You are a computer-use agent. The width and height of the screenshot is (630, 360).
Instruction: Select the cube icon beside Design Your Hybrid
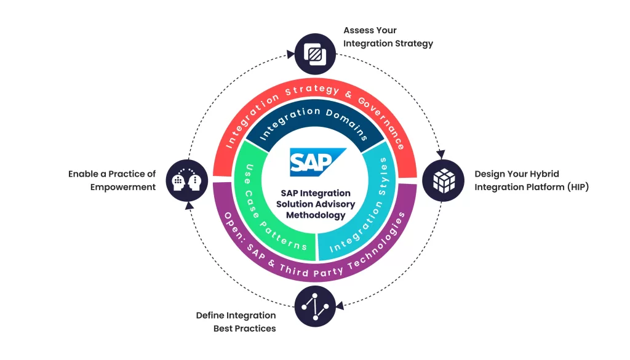point(443,180)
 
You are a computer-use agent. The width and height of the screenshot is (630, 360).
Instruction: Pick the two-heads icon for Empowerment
point(186,180)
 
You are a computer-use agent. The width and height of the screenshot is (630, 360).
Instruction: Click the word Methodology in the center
point(316,215)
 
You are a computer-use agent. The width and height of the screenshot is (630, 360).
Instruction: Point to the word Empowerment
point(123,187)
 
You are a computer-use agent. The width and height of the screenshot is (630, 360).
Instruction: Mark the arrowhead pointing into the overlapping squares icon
point(290,54)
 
